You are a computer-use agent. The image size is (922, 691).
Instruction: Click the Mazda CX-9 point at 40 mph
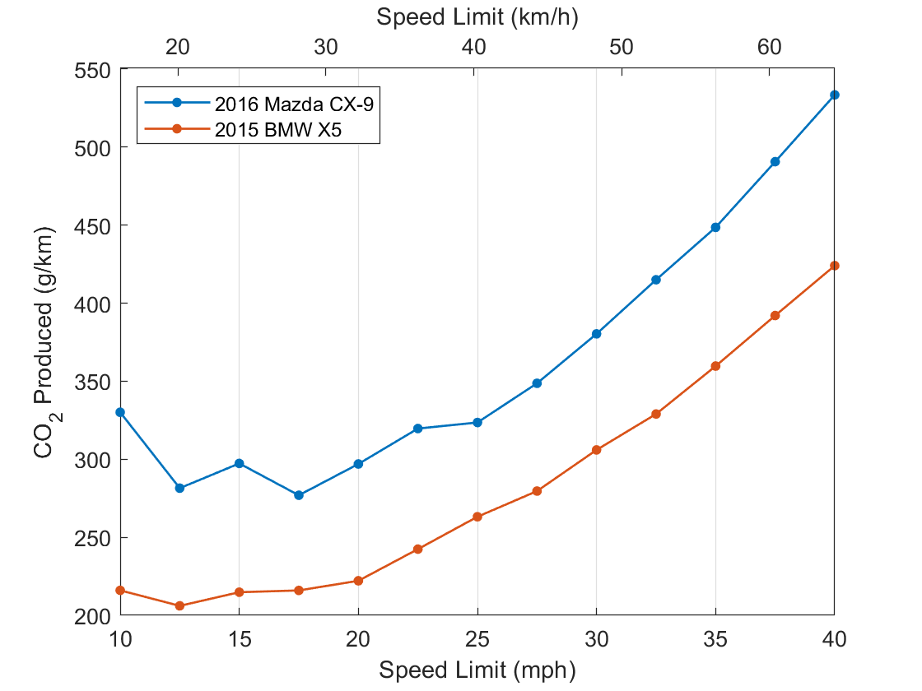coord(835,95)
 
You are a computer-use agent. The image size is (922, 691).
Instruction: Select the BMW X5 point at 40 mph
coord(835,266)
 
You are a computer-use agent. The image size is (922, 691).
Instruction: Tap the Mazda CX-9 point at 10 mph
coord(120,412)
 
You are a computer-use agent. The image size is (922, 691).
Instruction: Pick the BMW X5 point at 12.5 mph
coord(179,606)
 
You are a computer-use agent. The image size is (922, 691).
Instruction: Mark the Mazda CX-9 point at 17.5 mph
coord(299,495)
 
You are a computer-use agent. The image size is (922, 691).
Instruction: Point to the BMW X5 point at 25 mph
coord(477,517)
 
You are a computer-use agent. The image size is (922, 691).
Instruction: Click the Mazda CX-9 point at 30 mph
coord(597,334)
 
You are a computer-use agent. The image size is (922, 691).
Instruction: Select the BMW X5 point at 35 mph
coord(715,366)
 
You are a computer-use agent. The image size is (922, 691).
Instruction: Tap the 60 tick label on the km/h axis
coord(770,46)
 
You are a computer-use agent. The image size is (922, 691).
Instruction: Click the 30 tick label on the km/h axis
coord(326,46)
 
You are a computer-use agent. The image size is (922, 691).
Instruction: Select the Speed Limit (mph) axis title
coord(477,670)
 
